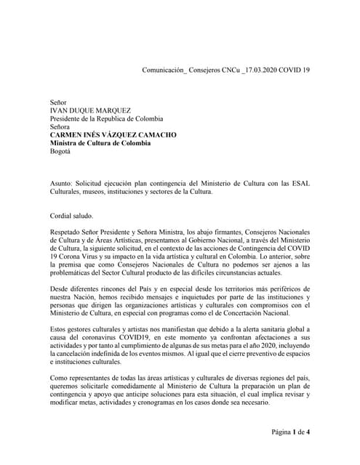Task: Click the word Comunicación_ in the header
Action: tap(164, 69)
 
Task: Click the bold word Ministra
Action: tap(67, 143)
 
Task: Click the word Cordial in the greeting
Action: tap(63, 215)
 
